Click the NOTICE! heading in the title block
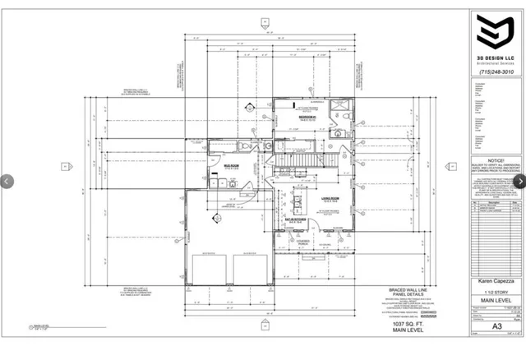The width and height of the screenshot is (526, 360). pyautogui.click(x=495, y=160)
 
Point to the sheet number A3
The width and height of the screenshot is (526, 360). pyautogui.click(x=496, y=348)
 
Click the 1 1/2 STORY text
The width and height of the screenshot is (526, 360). pyautogui.click(x=495, y=313)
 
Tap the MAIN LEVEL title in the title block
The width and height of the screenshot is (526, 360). pyautogui.click(x=495, y=324)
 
